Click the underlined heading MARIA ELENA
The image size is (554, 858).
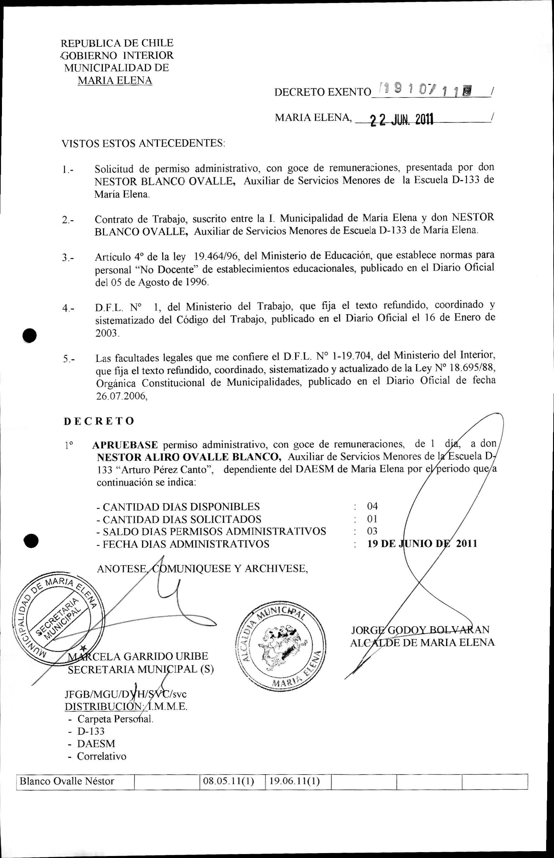115,80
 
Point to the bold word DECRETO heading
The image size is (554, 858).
99,421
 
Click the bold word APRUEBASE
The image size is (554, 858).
125,445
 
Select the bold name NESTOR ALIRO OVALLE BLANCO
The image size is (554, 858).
189,457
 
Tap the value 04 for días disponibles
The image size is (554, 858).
372,506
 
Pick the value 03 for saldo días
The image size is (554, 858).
372,531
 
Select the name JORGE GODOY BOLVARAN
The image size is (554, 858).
420,629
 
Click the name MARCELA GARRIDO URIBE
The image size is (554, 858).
138,656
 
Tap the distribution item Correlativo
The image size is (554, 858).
101,756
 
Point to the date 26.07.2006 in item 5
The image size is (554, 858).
121,396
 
